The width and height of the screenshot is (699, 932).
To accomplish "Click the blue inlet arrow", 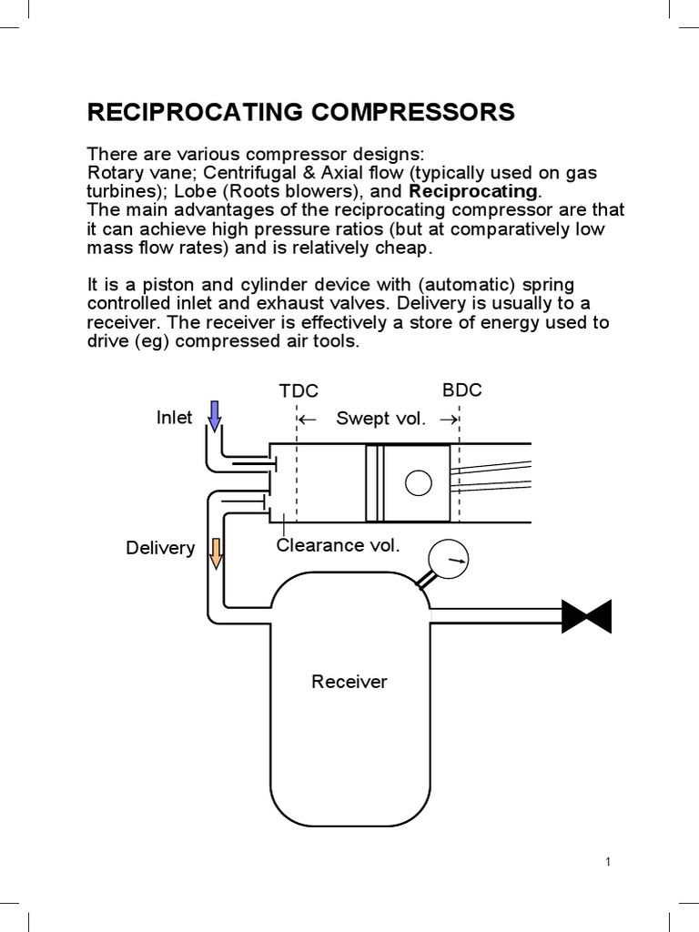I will pos(215,416).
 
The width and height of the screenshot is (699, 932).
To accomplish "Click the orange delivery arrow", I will pos(217,552).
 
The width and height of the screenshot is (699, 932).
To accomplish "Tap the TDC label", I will pos(299,391).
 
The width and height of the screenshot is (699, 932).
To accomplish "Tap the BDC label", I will pos(461,390).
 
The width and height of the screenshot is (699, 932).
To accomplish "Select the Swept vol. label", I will pos(380,419).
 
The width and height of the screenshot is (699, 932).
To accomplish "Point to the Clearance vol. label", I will pos(338,545).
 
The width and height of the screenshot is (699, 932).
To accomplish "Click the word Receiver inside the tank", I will pos(349,682).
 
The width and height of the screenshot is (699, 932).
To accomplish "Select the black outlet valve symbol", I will pos(586,616).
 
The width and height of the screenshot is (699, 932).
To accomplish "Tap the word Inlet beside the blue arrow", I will pos(175,418).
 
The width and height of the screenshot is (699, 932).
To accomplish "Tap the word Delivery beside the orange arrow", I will pos(160,548).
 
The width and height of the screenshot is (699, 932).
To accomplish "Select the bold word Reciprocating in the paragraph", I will pos(473,192).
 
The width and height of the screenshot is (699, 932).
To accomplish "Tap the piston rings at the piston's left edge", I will pos(373,483).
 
